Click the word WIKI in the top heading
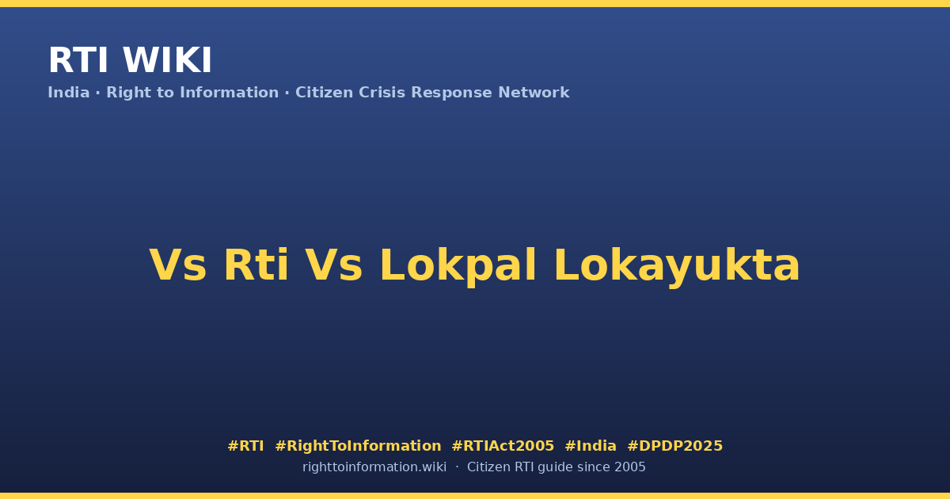(167, 60)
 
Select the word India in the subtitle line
(69, 93)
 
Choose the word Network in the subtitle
(534, 93)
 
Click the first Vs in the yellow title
(177, 265)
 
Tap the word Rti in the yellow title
(256, 265)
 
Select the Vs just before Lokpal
(334, 265)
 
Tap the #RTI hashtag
(245, 446)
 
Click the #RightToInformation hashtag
(358, 447)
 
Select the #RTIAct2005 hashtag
(503, 446)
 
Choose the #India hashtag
(591, 446)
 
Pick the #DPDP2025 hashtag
(674, 446)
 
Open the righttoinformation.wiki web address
(374, 467)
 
